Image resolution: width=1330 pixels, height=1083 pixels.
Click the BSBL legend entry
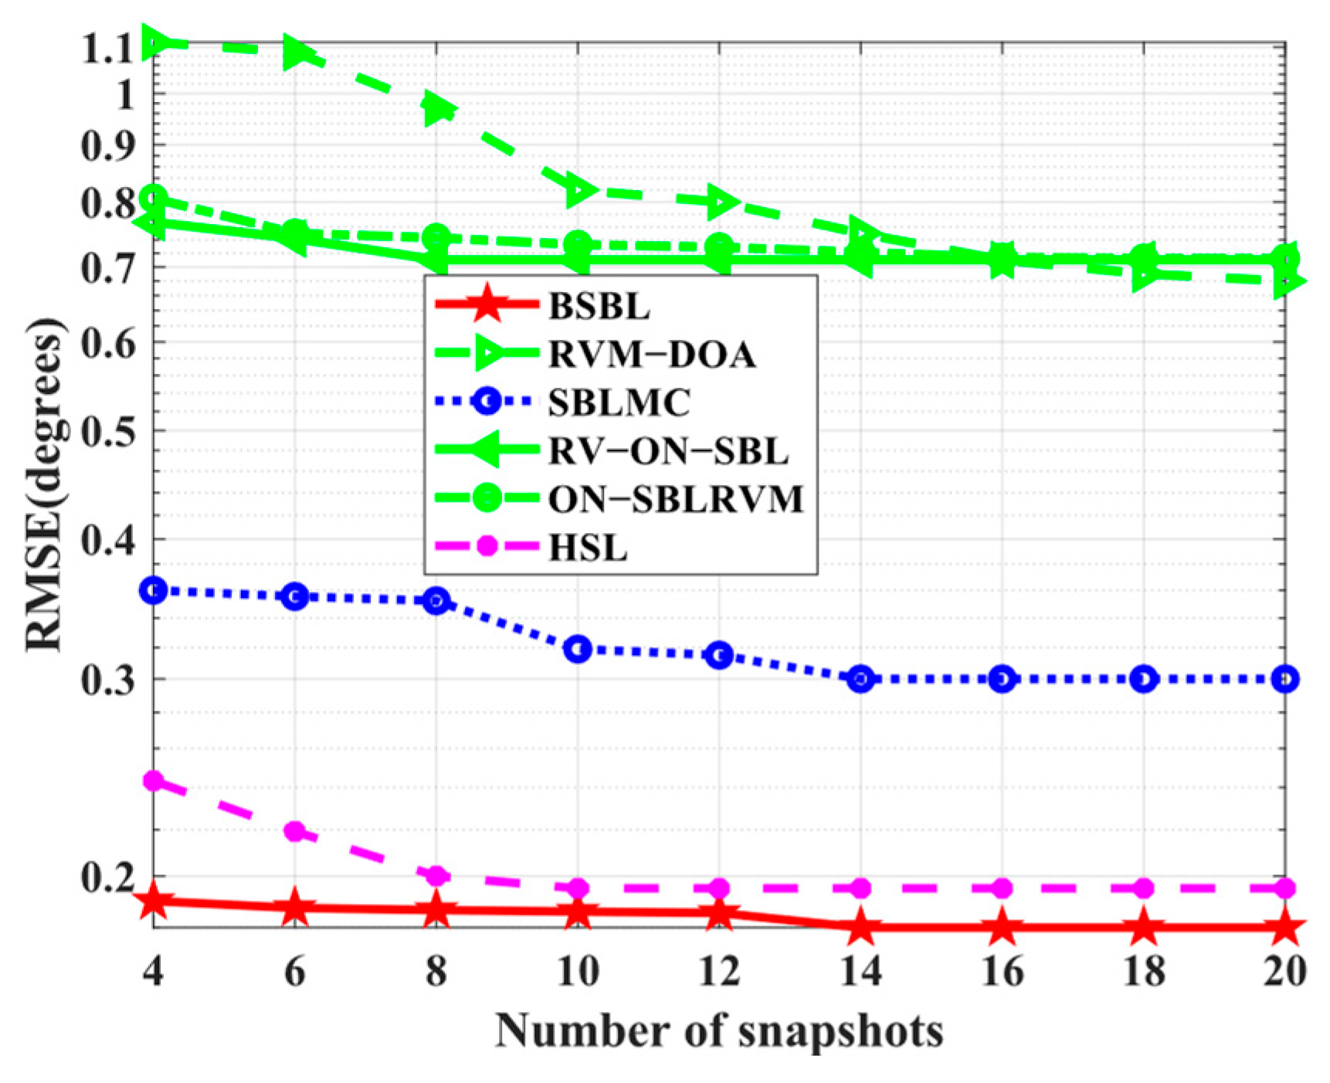coord(599,307)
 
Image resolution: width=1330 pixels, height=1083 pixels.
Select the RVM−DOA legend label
coord(651,355)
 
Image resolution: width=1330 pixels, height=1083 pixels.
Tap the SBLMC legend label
coord(619,402)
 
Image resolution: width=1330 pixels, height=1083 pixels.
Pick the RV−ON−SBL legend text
coord(668,451)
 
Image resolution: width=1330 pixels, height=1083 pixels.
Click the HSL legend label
coord(587,548)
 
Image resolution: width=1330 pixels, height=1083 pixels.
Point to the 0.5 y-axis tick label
coord(107,431)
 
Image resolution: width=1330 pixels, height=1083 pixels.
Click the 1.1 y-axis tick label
coord(107,49)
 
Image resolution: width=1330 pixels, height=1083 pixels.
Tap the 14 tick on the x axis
coord(860,970)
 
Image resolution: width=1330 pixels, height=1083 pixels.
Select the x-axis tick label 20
coord(1284,970)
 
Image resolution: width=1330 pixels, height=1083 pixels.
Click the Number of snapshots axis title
coord(719,1030)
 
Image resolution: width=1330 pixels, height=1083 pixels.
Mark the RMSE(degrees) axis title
coord(45,485)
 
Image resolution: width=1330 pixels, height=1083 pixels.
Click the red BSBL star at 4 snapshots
coord(154,901)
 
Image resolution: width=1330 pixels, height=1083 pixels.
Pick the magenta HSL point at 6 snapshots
coord(295,832)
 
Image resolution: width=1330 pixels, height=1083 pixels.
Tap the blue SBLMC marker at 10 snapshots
coord(578,650)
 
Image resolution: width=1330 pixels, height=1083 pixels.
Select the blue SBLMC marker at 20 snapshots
coord(1284,679)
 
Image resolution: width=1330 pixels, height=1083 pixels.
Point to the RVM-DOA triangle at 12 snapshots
coord(720,201)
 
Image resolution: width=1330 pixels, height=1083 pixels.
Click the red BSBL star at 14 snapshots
coord(860,927)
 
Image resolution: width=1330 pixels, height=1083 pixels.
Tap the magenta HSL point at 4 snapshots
coord(154,780)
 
